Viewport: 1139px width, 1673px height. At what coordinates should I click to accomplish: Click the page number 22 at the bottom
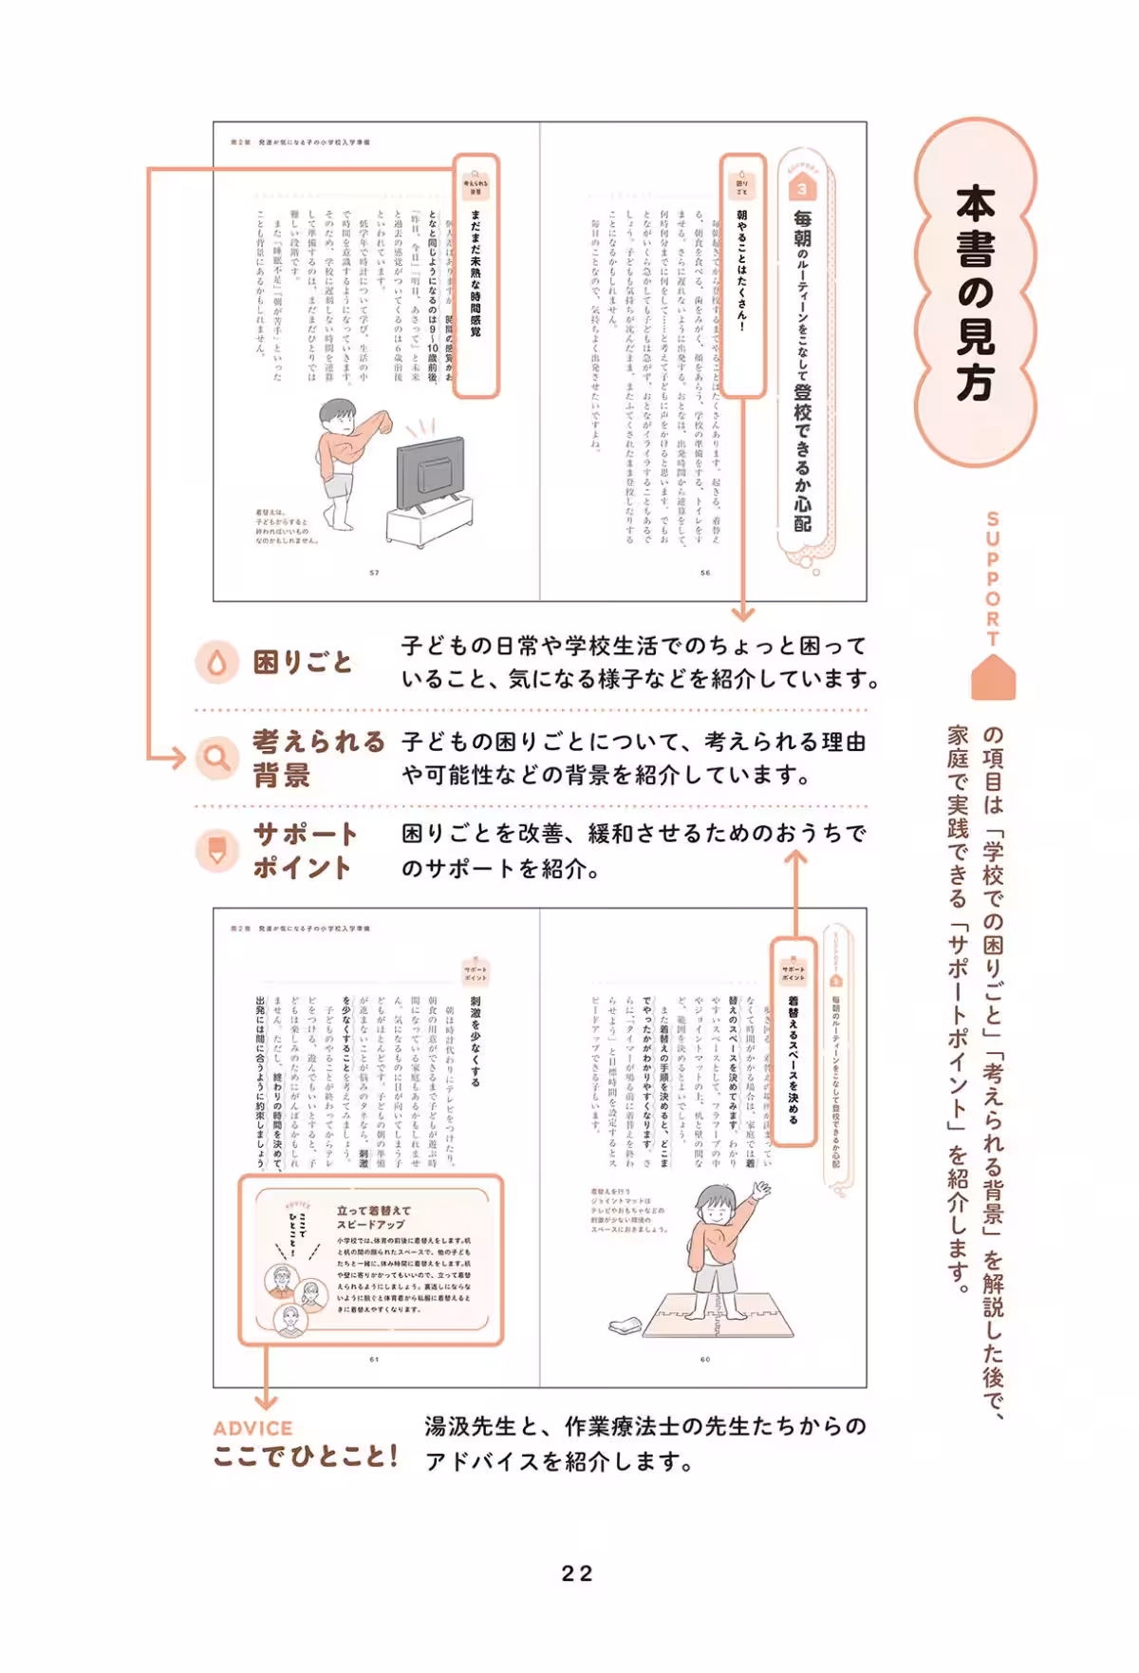click(x=576, y=1573)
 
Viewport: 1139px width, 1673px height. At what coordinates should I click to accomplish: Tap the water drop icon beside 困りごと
click(x=216, y=662)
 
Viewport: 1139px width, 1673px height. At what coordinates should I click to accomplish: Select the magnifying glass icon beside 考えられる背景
click(x=217, y=758)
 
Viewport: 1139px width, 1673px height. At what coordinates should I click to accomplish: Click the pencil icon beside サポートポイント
click(x=217, y=851)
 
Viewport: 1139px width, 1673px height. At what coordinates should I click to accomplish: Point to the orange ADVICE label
click(x=252, y=1428)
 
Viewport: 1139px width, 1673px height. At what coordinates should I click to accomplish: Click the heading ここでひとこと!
click(x=305, y=1457)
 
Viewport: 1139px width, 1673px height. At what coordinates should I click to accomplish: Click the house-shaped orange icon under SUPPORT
click(x=993, y=678)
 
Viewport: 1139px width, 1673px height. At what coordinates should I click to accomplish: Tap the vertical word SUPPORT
click(x=993, y=578)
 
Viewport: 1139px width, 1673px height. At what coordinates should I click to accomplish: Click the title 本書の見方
click(x=975, y=294)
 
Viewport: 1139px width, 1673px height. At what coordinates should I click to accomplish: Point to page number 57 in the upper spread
click(x=374, y=573)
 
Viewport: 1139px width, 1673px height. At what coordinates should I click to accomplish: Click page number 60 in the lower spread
click(x=705, y=1359)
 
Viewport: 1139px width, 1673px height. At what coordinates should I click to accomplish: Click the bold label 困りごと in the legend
click(x=303, y=662)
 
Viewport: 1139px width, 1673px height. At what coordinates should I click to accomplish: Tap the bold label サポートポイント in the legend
click(x=304, y=851)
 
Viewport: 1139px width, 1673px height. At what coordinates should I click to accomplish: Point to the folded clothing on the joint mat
click(x=627, y=1324)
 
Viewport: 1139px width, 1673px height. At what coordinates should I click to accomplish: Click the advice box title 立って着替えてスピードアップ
click(x=373, y=1217)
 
